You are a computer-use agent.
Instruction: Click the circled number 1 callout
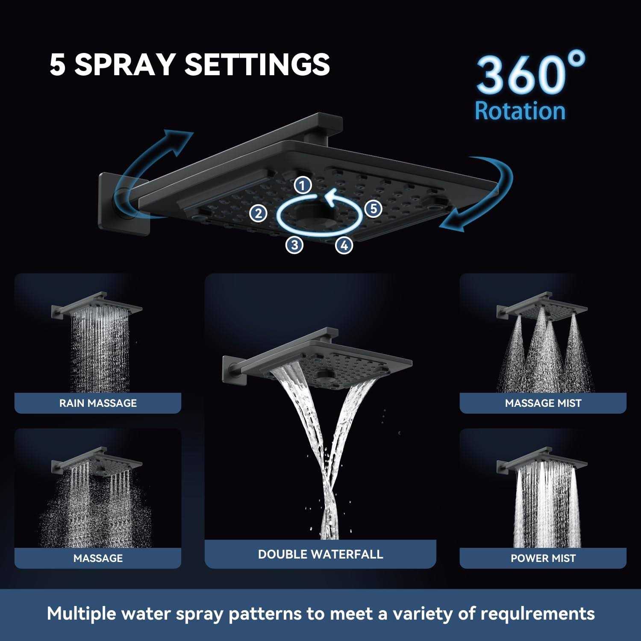point(303,185)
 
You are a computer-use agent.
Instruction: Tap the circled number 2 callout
point(258,213)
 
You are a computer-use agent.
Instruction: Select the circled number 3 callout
point(294,245)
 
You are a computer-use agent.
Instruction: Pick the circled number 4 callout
point(344,245)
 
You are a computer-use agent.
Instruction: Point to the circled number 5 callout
point(373,209)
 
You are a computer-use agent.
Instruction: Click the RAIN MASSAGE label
point(98,403)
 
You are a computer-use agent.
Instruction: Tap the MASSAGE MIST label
point(543,403)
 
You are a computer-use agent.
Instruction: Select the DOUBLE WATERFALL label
point(320,554)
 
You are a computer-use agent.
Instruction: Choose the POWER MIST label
point(543,558)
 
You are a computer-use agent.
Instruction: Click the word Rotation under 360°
point(520,111)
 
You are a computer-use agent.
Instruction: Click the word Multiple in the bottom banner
point(81,614)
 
